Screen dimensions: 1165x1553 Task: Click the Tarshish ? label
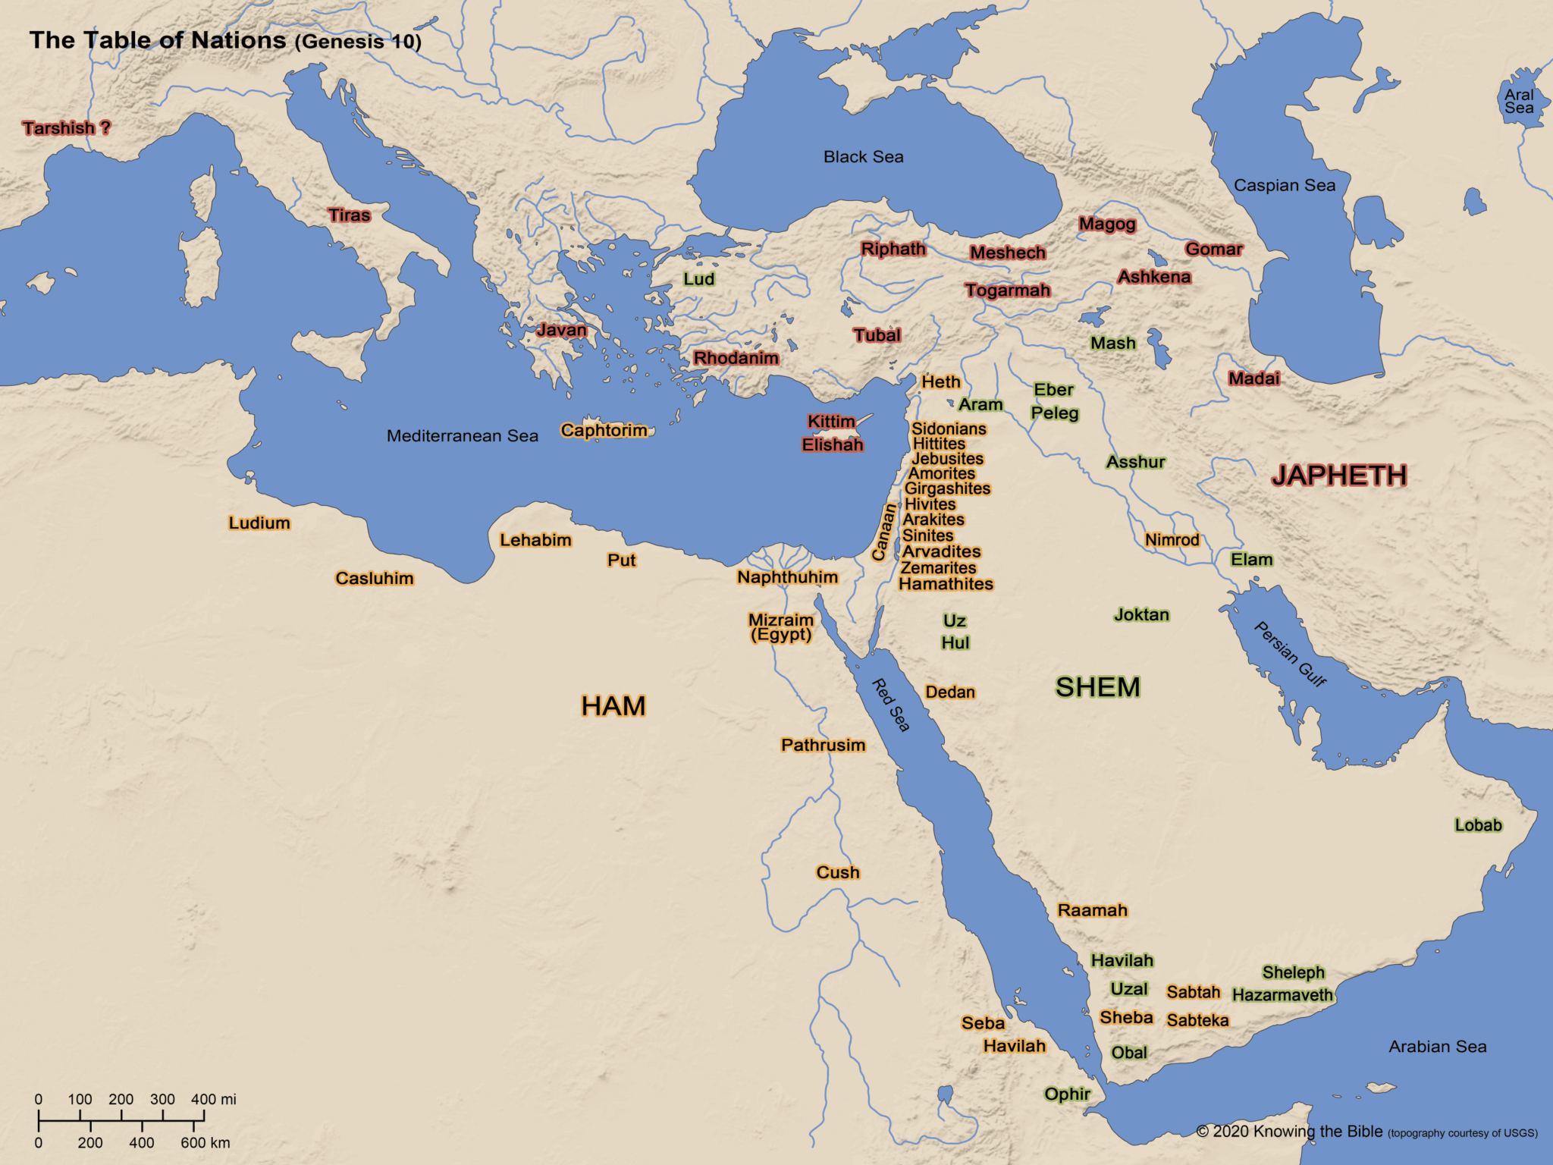coord(67,128)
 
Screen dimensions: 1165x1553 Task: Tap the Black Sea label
coord(863,157)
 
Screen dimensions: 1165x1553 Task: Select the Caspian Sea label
coord(1284,186)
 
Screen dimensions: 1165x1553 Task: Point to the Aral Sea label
coord(1519,102)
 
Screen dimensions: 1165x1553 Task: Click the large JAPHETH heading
coord(1339,476)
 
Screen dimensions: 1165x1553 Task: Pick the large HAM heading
coord(613,706)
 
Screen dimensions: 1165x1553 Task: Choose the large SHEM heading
coord(1097,687)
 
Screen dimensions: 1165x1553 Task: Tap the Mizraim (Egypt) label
coord(781,627)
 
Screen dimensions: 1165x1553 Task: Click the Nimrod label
coord(1172,540)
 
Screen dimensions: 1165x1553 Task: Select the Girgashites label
coord(947,489)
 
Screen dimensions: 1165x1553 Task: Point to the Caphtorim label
coord(604,431)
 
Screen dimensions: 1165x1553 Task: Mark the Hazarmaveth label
coord(1282,995)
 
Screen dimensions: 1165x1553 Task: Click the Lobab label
coord(1477,825)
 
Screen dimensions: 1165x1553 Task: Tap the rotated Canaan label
coord(882,533)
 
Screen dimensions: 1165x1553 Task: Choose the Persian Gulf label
coord(1289,655)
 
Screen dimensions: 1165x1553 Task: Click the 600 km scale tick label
coord(205,1143)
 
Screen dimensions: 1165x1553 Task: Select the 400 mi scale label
coord(213,1099)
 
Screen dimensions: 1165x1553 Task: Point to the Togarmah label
coord(1007,290)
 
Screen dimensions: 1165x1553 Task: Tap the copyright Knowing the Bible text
coord(1297,1132)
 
